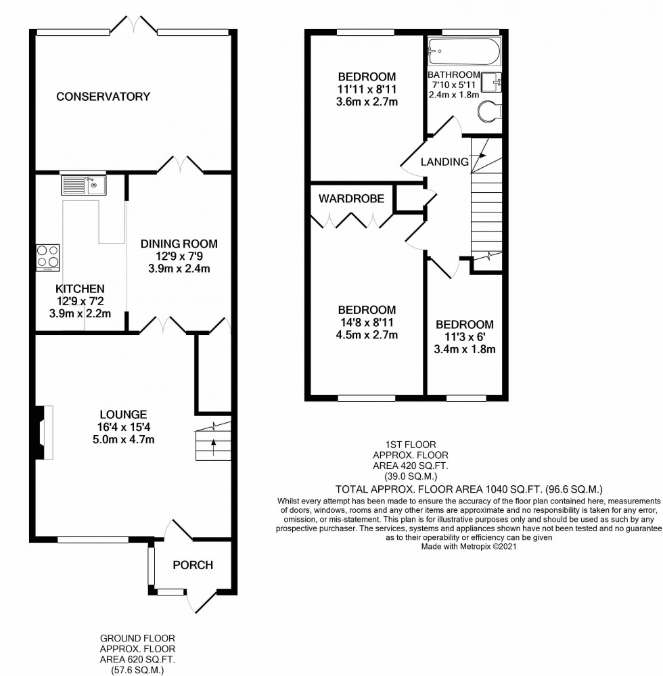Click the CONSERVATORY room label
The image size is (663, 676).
point(103,97)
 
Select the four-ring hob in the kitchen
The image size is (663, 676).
point(47,257)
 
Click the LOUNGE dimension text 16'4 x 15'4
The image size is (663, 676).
point(123,427)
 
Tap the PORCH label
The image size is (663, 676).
point(193,565)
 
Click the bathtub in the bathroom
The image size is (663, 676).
point(464,51)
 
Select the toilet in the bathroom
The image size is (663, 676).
point(488,112)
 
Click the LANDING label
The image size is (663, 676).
point(444,162)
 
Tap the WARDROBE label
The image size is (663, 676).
point(352,199)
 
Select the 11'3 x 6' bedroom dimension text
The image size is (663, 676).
point(465,337)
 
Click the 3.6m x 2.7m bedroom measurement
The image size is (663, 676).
point(367,102)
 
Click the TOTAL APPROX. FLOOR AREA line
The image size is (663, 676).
point(469,488)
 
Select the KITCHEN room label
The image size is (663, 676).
point(80,288)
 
